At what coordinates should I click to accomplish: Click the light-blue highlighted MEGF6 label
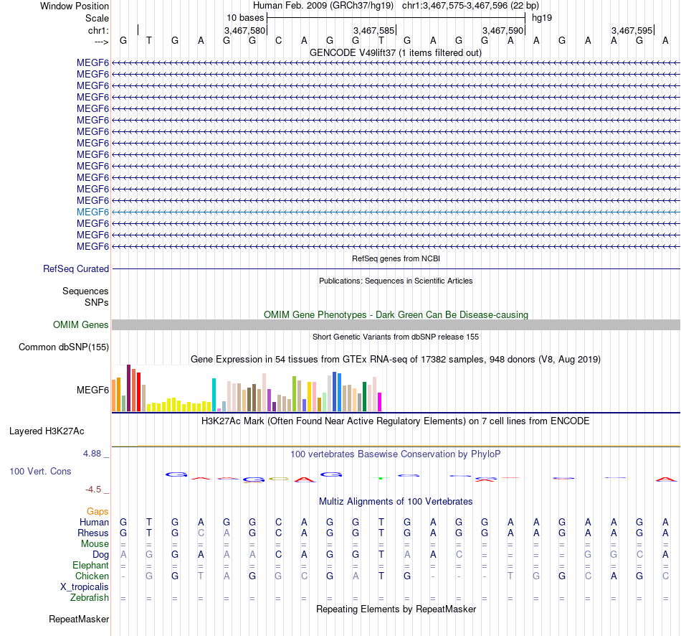tap(92, 212)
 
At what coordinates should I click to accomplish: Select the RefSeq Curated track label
tap(76, 268)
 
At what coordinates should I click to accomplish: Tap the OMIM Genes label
tap(81, 324)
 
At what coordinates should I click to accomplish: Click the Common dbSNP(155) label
tap(63, 347)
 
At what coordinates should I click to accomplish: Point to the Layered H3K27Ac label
tap(47, 431)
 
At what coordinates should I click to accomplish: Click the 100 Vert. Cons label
tap(40, 471)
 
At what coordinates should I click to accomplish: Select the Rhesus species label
tap(93, 533)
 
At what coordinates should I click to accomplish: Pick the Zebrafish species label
tap(90, 597)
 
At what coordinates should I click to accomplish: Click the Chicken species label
tap(92, 576)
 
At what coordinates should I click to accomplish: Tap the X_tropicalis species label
tap(85, 586)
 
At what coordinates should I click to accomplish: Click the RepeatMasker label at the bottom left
tap(79, 619)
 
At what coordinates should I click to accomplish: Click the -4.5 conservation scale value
tap(95, 490)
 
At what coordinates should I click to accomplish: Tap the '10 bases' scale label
tap(245, 17)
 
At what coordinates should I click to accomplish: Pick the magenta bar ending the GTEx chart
tap(380, 402)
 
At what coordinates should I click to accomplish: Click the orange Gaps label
tap(97, 511)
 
